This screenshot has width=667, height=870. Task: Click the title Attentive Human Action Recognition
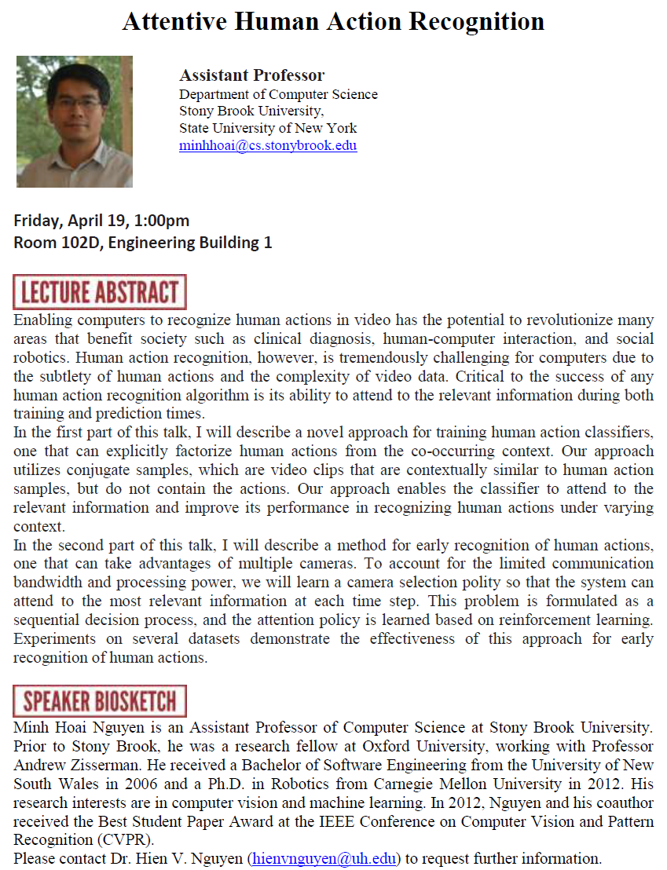coord(333,21)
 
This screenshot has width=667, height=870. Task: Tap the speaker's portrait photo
coord(75,122)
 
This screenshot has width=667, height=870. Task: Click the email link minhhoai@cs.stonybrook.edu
coord(268,145)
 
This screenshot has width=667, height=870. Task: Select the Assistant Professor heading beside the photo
coord(251,75)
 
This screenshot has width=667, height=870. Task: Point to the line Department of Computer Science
coord(278,94)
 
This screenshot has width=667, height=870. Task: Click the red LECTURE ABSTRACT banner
coord(100,292)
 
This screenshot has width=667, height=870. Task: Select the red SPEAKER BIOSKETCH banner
coord(100,701)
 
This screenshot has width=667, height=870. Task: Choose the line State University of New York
coord(268,128)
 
